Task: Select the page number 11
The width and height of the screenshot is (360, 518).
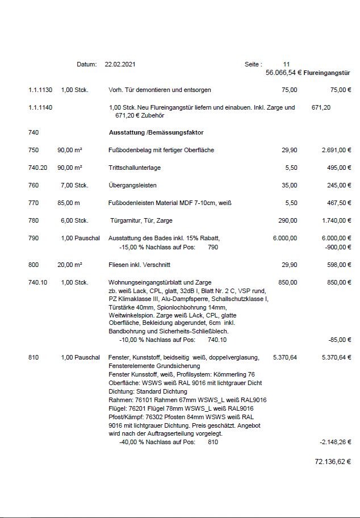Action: [286, 65]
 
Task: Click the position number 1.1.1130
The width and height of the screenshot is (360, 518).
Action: [40, 90]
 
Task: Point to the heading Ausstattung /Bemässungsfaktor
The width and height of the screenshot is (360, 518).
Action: [156, 132]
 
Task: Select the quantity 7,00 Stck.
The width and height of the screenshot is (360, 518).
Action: [74, 185]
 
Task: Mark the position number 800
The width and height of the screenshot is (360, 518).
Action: [34, 265]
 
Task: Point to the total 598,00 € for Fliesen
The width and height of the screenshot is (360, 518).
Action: [339, 265]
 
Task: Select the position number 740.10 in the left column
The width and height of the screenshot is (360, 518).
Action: [37, 282]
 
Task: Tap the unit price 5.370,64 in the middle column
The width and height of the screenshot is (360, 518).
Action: [284, 357]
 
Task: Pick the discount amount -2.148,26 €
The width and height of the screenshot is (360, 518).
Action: [336, 441]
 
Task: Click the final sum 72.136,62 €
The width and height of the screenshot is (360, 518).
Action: [332, 462]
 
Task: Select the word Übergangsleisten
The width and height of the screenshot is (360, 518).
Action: [132, 185]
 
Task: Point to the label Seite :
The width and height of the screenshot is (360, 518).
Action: [253, 65]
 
